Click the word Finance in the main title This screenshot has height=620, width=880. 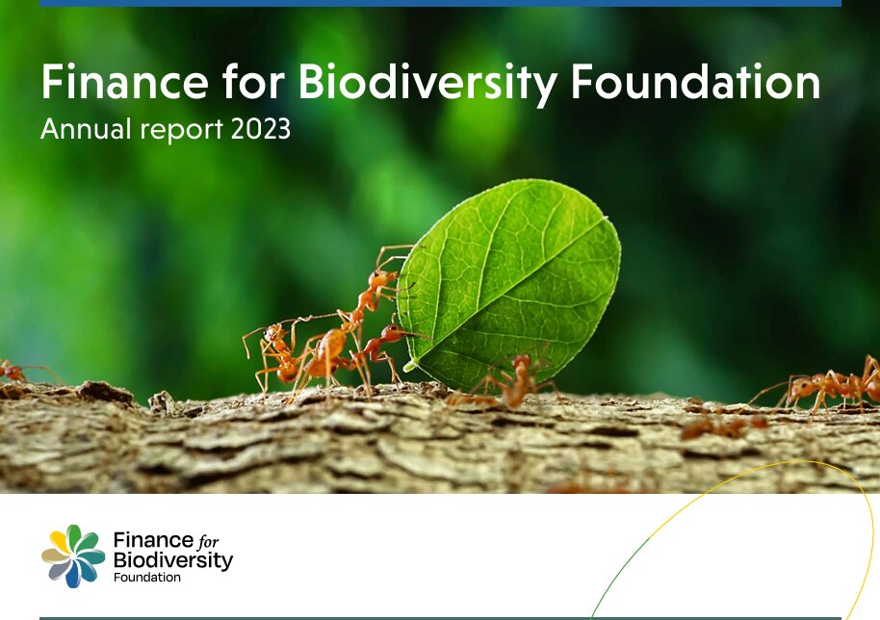pos(124,82)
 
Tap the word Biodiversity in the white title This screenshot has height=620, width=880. pos(427,84)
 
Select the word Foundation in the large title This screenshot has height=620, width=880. pos(695,82)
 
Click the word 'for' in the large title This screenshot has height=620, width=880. pos(253,81)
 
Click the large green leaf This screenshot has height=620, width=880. pos(509,284)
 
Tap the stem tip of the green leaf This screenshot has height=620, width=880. pos(406,368)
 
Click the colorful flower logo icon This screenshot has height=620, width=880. pos(73,556)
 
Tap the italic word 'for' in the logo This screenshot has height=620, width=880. pos(208,541)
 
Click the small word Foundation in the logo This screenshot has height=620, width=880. pos(147,577)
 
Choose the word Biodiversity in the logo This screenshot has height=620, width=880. pos(173,560)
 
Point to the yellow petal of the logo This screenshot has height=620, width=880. pos(59,540)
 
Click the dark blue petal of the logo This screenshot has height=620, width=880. pos(73,575)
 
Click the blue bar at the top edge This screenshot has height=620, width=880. pos(441,3)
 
